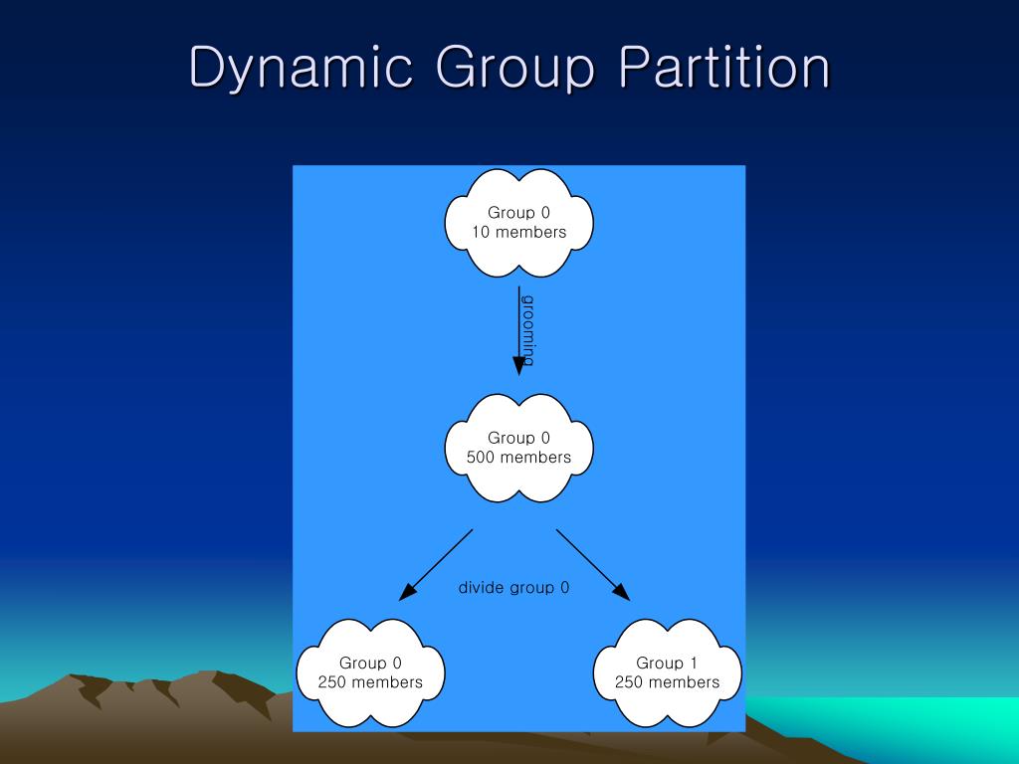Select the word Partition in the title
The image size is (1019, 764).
coord(723,69)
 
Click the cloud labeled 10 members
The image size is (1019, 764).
coord(518,222)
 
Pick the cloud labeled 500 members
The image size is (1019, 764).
coord(518,447)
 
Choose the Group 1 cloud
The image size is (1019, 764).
coord(667,672)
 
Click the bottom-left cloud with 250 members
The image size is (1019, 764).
coord(370,672)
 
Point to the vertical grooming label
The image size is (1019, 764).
coord(528,330)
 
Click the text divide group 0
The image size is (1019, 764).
coord(513,587)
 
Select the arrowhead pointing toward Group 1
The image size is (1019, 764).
coord(623,594)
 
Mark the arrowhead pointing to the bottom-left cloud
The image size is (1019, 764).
coord(406,594)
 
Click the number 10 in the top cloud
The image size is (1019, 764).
coord(482,233)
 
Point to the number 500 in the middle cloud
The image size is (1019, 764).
coord(482,458)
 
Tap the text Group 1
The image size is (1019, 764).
coord(667,663)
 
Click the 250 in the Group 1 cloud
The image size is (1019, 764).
coord(629,682)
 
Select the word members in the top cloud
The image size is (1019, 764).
coord(530,233)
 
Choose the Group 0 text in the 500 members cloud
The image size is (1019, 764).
coord(518,438)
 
